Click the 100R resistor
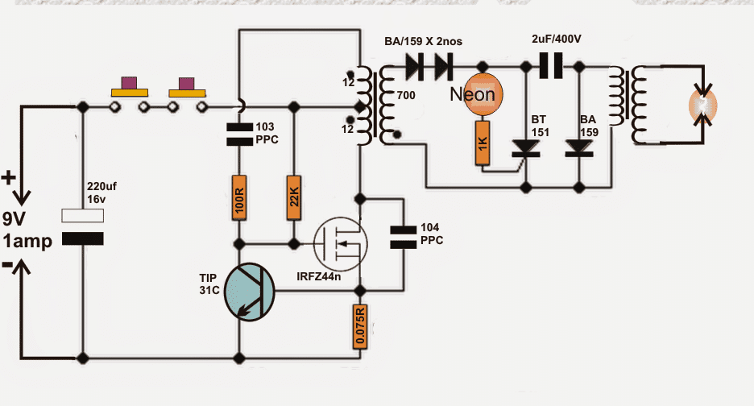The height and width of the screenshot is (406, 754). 238,197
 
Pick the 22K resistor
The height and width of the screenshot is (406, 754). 293,197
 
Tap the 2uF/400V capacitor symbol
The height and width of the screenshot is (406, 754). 550,67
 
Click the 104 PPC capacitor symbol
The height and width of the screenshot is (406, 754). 402,234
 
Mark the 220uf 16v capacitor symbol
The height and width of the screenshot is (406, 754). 83,227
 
